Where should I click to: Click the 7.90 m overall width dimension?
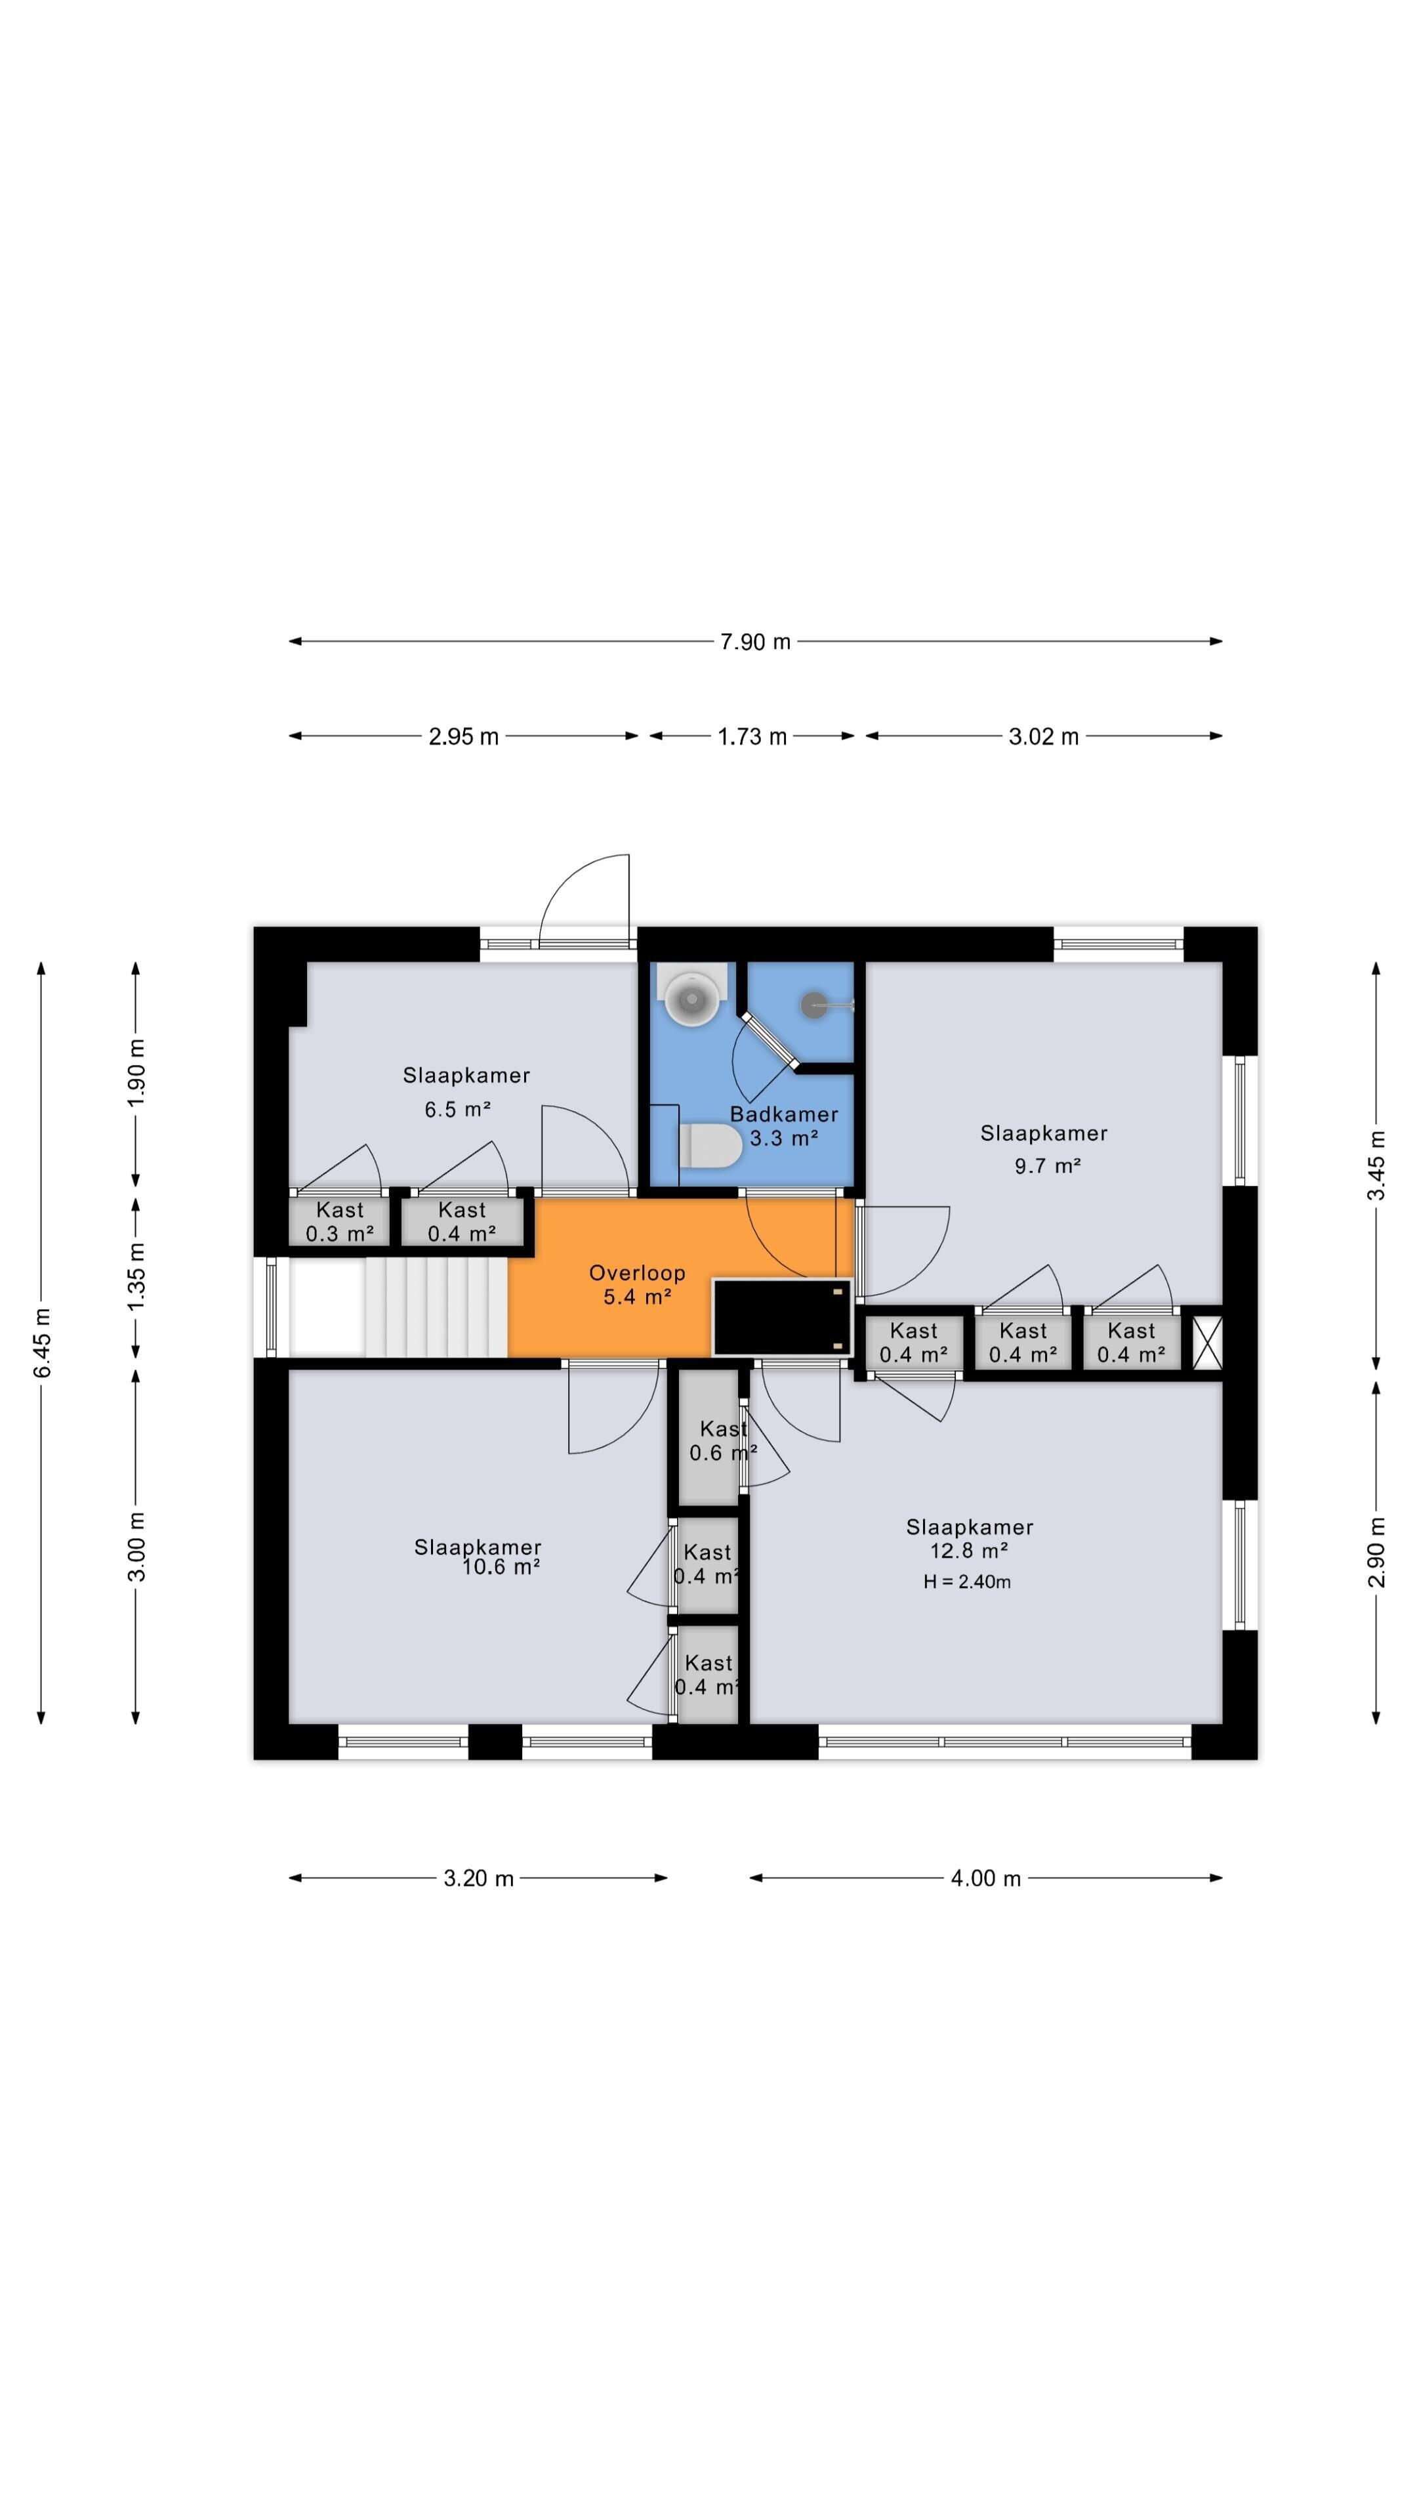pyautogui.click(x=755, y=642)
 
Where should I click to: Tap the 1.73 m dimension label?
pyautogui.click(x=752, y=736)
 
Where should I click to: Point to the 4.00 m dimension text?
pyautogui.click(x=986, y=1878)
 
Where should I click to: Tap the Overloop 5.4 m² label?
pyautogui.click(x=636, y=1284)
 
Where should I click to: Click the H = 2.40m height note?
pyautogui.click(x=967, y=1582)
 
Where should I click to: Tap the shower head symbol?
pyautogui.click(x=815, y=1005)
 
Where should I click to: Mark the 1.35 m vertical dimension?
pyautogui.click(x=136, y=1278)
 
